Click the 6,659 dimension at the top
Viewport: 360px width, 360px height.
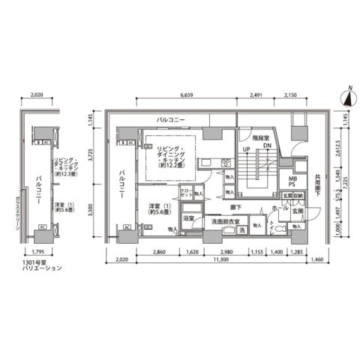pyautogui.click(x=193, y=96)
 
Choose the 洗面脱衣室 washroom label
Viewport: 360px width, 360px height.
pyautogui.click(x=226, y=223)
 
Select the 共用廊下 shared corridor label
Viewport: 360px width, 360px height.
pyautogui.click(x=319, y=184)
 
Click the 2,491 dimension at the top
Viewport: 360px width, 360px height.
pyautogui.click(x=256, y=96)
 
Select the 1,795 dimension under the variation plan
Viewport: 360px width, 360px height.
pyautogui.click(x=32, y=251)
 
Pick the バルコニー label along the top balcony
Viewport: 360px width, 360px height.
pyautogui.click(x=172, y=120)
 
